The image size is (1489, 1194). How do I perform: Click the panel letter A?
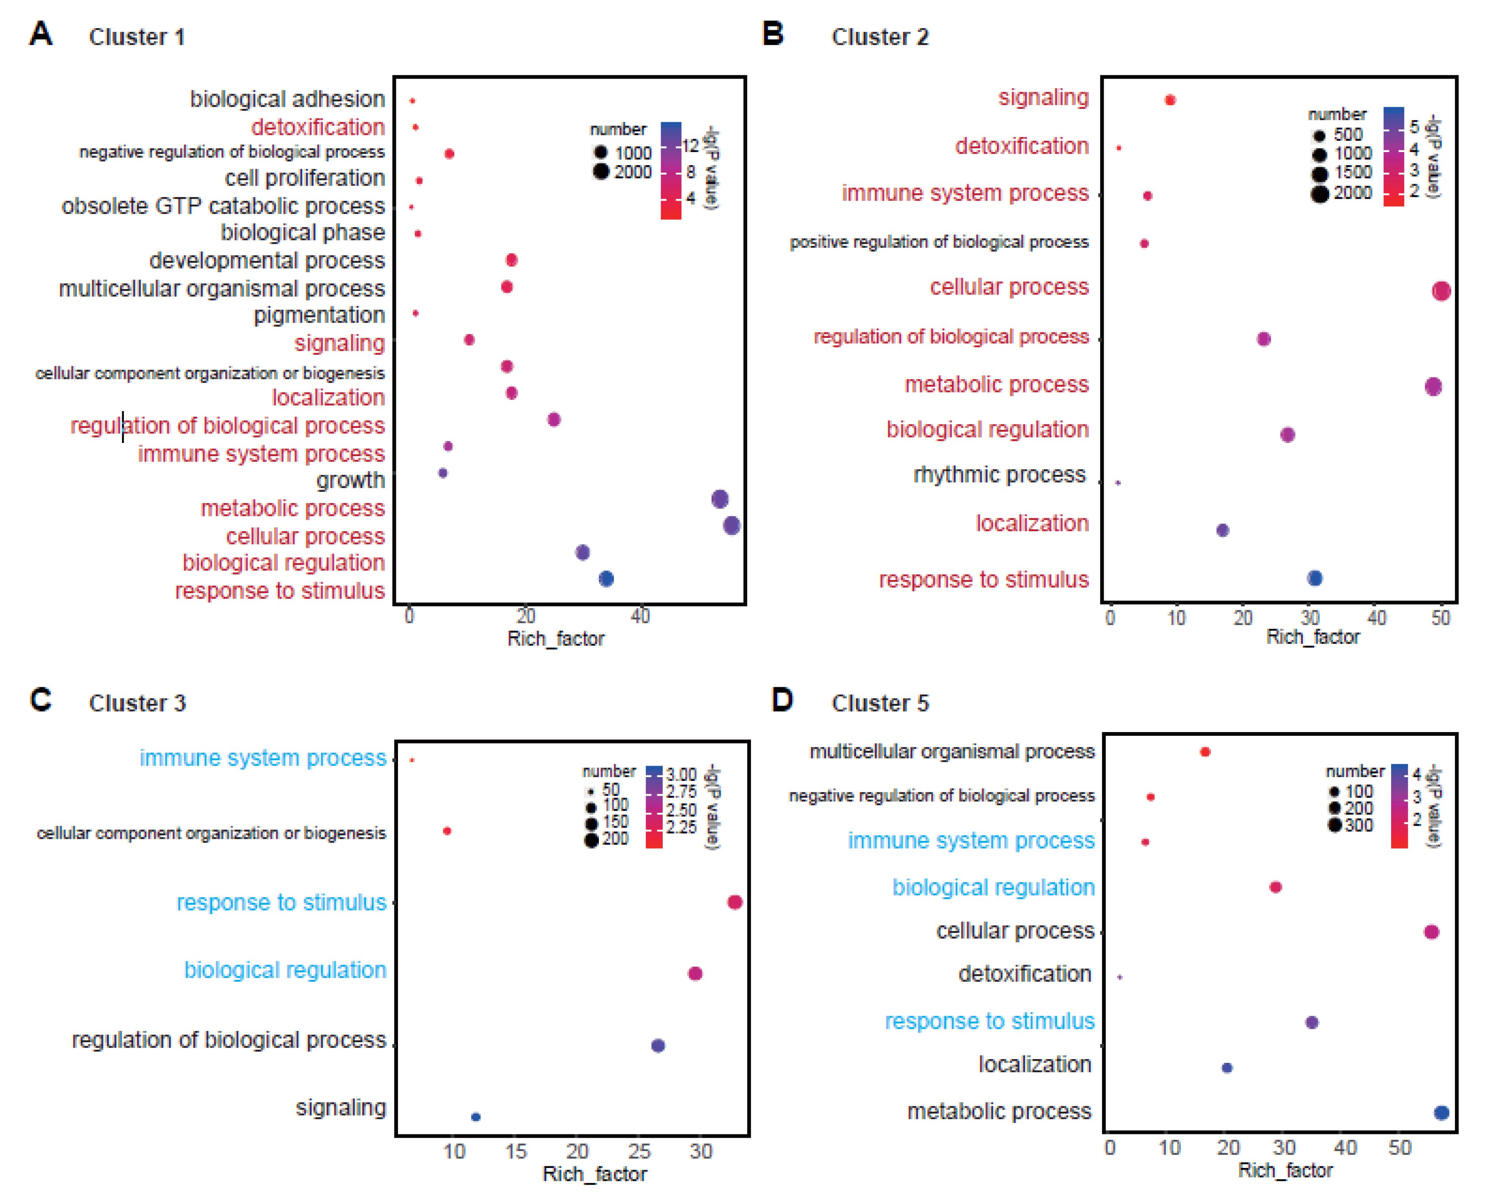point(41,33)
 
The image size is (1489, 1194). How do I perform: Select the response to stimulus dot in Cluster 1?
point(606,579)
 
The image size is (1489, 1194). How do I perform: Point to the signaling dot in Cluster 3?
point(475,1117)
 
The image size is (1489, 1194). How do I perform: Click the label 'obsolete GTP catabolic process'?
point(223,206)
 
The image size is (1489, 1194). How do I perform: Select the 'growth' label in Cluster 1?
point(350,480)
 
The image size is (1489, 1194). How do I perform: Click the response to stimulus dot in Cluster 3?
point(735,902)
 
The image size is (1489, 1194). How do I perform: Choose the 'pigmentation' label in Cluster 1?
point(319,315)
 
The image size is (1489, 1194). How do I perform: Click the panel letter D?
point(783,700)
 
